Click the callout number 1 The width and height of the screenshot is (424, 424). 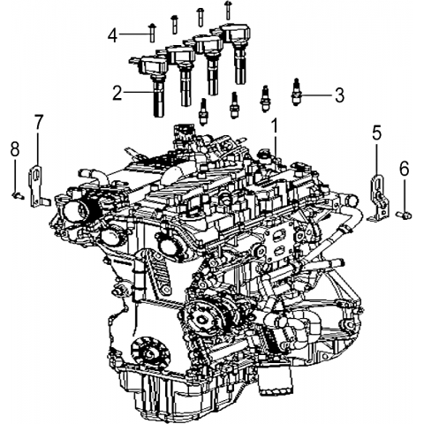click(275, 125)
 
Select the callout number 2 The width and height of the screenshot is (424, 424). click(117, 93)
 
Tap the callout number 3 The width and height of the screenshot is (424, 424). click(339, 95)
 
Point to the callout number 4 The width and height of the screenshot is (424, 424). click(112, 35)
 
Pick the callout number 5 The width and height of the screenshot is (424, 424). click(377, 132)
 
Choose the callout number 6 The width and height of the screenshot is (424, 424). click(405, 169)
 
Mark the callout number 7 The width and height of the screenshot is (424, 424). click(39, 122)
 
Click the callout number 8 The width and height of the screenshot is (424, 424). click(15, 148)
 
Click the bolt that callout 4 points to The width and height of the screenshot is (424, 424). click(152, 33)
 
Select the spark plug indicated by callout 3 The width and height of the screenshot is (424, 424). click(296, 92)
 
